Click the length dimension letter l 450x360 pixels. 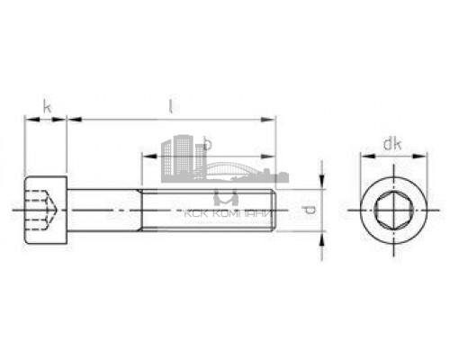170,107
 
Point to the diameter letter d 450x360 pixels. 309,210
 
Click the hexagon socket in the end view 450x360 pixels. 391,210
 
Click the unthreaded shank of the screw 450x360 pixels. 103,210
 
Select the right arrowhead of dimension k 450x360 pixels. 64,117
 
